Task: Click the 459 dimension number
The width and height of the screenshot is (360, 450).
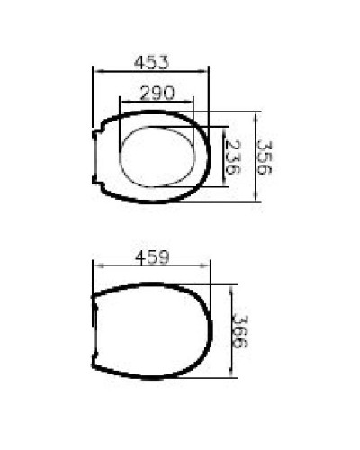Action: tap(153, 257)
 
